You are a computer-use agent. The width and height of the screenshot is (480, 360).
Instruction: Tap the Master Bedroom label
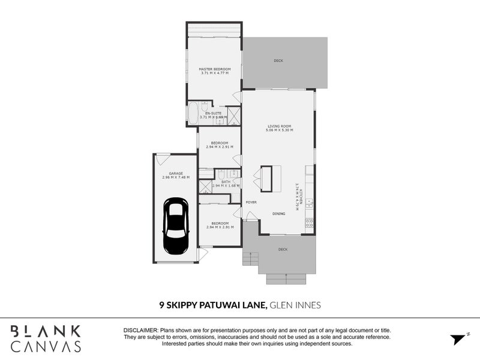215,69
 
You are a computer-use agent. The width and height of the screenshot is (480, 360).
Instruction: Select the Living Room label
280,125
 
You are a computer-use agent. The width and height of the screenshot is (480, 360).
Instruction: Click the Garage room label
175,173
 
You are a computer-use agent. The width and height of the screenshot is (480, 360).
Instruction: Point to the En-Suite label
212,113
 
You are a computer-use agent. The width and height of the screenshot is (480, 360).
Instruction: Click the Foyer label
251,202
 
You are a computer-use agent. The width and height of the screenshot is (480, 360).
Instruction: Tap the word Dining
279,214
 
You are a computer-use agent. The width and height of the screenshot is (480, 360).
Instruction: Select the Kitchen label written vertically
302,195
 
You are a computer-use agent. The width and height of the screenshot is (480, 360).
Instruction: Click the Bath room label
226,181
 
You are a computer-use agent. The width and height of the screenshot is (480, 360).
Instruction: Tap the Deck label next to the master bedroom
278,61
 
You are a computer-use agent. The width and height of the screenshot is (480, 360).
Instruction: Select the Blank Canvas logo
46,338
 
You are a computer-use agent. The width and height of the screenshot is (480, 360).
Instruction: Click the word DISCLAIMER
140,331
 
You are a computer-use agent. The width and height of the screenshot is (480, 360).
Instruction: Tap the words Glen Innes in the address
295,305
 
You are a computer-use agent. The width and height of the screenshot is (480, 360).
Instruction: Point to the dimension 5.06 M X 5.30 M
280,130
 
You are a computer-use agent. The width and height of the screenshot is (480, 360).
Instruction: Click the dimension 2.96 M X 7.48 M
175,177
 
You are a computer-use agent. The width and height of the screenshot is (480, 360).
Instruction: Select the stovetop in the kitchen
310,223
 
